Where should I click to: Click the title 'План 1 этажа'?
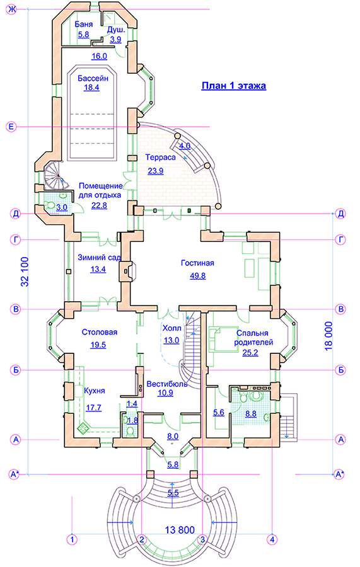pyautogui.click(x=234, y=86)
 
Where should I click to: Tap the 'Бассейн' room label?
pyautogui.click(x=93, y=78)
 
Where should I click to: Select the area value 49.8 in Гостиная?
pyautogui.click(x=198, y=276)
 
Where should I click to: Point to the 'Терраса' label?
pyautogui.click(x=160, y=157)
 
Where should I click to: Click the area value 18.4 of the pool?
pyautogui.click(x=91, y=88)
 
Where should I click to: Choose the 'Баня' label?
pyautogui.click(x=84, y=24)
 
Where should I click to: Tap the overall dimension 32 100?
pyautogui.click(x=25, y=272)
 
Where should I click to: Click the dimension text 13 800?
pyautogui.click(x=180, y=530)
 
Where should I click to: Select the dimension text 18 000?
pyautogui.click(x=328, y=336)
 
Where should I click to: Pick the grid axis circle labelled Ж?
pyautogui.click(x=12, y=9)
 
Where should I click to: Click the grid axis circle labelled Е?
pyautogui.click(x=11, y=127)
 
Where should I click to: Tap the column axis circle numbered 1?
pyautogui.click(x=73, y=539)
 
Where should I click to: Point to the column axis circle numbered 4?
pyautogui.click(x=272, y=539)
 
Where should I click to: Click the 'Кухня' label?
pyautogui.click(x=95, y=391)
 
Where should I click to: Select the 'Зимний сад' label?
pyautogui.click(x=99, y=258)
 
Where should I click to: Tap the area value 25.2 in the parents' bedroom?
pyautogui.click(x=250, y=353)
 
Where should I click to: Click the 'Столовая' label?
pyautogui.click(x=100, y=332)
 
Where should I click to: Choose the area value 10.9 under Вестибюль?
pyautogui.click(x=165, y=392)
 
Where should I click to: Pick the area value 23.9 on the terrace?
pyautogui.click(x=156, y=171)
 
